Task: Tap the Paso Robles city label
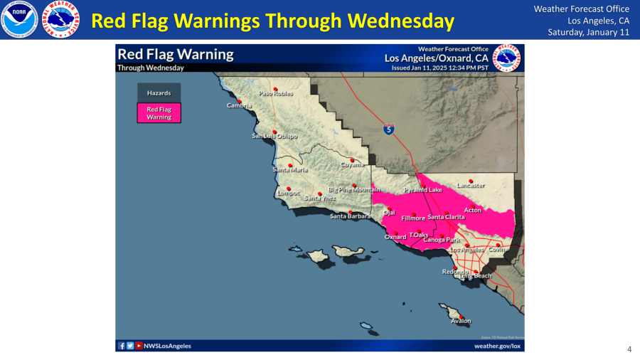coord(276,93)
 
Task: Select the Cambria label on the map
coord(240,105)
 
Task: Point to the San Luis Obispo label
coord(274,136)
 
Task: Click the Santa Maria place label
coord(289,169)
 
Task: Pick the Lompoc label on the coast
coord(288,193)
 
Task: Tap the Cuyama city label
coord(352,164)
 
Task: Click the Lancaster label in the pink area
coord(471,185)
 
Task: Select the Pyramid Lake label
coord(423,190)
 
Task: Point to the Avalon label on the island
coord(461,321)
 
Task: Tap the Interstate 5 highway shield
coord(388,129)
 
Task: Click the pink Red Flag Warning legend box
coord(159,113)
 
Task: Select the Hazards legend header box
coord(159,93)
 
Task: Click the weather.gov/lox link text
coord(497,346)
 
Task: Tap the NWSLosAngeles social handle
coord(167,346)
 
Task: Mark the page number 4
coord(629,349)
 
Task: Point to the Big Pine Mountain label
coord(354,190)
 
